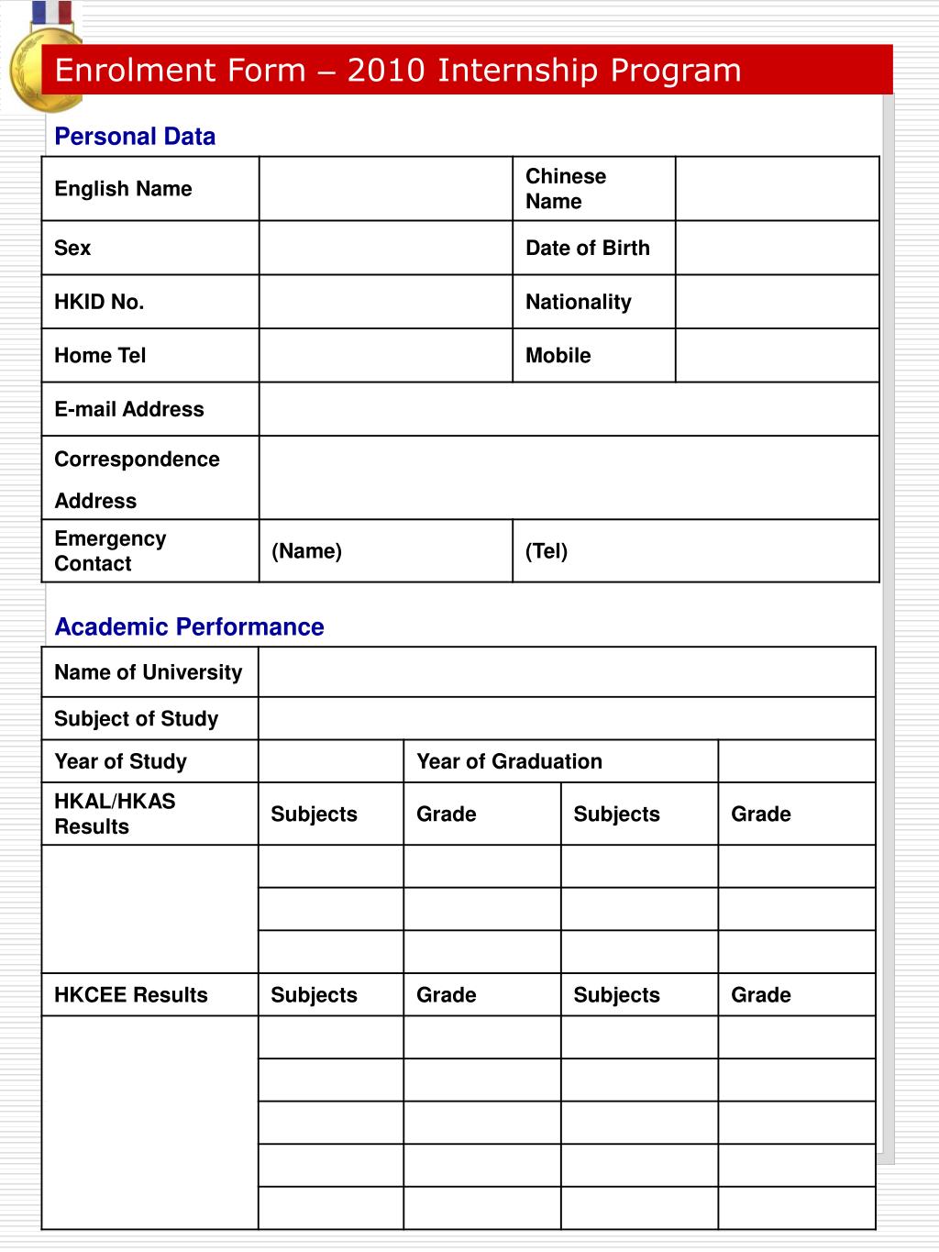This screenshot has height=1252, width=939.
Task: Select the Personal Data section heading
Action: click(x=135, y=137)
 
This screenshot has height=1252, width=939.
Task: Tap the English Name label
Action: click(x=123, y=189)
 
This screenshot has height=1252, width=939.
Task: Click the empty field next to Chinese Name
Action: click(x=777, y=189)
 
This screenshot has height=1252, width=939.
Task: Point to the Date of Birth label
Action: click(x=587, y=248)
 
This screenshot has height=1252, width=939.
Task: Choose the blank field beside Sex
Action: click(x=385, y=248)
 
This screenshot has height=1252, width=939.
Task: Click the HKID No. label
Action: click(x=99, y=302)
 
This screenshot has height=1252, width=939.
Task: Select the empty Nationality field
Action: click(x=777, y=302)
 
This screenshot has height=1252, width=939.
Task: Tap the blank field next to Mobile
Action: click(x=777, y=355)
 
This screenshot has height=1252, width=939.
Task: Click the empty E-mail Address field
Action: click(x=569, y=409)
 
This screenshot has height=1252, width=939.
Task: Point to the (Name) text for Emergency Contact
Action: click(x=306, y=551)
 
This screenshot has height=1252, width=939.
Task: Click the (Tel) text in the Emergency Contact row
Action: click(x=547, y=551)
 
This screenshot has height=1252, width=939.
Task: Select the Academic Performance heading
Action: click(x=189, y=627)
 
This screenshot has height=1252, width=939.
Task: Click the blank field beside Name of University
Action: click(x=567, y=672)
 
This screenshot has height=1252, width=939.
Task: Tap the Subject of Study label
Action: click(x=136, y=719)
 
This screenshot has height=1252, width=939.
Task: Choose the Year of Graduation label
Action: click(x=509, y=761)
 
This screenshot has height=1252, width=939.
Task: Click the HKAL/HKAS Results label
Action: click(x=115, y=814)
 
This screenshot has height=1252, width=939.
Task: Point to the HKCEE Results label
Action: click(x=130, y=995)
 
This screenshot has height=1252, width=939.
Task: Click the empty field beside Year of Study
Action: click(x=331, y=761)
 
